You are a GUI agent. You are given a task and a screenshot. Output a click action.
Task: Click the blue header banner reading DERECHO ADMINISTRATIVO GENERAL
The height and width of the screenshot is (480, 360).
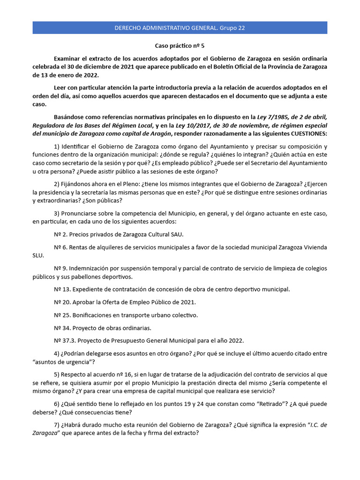click(x=180, y=28)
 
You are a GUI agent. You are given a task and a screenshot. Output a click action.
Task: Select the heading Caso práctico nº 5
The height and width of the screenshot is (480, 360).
click(x=180, y=46)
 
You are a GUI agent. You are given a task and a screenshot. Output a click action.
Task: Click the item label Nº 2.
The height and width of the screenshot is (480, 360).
click(x=60, y=234)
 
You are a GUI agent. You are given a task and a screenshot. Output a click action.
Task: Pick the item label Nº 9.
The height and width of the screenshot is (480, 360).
click(x=60, y=268)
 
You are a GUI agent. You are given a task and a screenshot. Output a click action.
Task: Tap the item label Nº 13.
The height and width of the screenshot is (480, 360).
click(x=61, y=289)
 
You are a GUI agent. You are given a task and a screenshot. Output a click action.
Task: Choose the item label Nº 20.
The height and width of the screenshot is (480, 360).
click(x=61, y=302)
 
